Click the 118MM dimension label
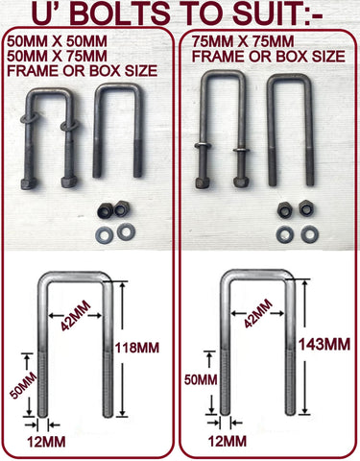[x=137, y=348]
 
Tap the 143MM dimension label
[x=324, y=345]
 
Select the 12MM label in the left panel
[x=46, y=442]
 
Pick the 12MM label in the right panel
[x=228, y=442]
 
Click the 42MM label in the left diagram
[x=76, y=316]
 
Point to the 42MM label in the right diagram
[x=258, y=313]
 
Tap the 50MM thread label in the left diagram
[x=23, y=385]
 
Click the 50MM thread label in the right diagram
[x=201, y=380]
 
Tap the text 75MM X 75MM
[x=243, y=41]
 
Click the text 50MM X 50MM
[x=58, y=41]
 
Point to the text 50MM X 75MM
[x=58, y=56]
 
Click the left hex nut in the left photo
[x=105, y=211]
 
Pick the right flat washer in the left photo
[x=126, y=231]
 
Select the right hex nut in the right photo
[x=306, y=208]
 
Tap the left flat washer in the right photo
[x=285, y=234]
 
